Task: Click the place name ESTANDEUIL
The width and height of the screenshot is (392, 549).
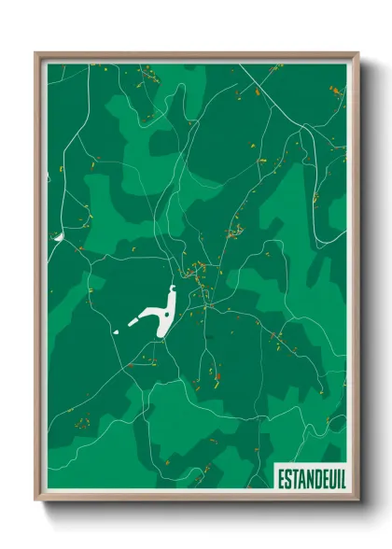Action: [x=309, y=478]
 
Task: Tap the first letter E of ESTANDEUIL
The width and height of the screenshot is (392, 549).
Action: [x=281, y=478]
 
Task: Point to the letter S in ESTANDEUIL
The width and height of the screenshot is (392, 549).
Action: [x=287, y=478]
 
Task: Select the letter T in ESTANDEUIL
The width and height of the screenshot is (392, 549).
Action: [x=294, y=478]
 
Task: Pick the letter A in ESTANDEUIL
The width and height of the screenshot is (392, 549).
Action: [x=301, y=478]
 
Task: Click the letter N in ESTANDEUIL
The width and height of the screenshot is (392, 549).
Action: [x=308, y=478]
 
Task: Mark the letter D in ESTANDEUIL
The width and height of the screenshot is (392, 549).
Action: [x=315, y=478]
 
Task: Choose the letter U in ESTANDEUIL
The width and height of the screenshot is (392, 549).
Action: [x=329, y=478]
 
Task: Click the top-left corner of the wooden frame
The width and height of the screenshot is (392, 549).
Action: [x=35, y=53]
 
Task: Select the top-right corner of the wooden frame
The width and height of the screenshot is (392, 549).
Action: [x=357, y=53]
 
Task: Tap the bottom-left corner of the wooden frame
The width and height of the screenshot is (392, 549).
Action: [x=35, y=500]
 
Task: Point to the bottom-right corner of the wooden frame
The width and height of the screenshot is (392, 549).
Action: [x=357, y=500]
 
